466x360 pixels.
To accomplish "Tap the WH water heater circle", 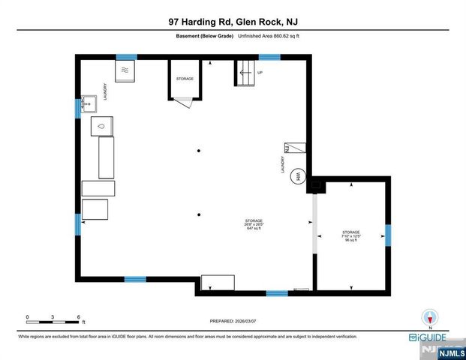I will (298, 176).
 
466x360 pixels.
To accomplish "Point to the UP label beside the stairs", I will (260, 73).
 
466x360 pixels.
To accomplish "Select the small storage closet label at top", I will (185, 79).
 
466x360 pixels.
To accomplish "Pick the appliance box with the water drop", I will (101, 126).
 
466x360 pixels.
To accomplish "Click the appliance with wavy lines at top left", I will (125, 71).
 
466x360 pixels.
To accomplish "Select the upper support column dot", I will (199, 151).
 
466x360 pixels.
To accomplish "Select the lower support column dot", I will (199, 213).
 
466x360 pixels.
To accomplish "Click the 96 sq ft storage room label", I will (350, 236).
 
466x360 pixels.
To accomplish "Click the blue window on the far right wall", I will (388, 235).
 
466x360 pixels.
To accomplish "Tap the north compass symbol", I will (430, 316).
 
